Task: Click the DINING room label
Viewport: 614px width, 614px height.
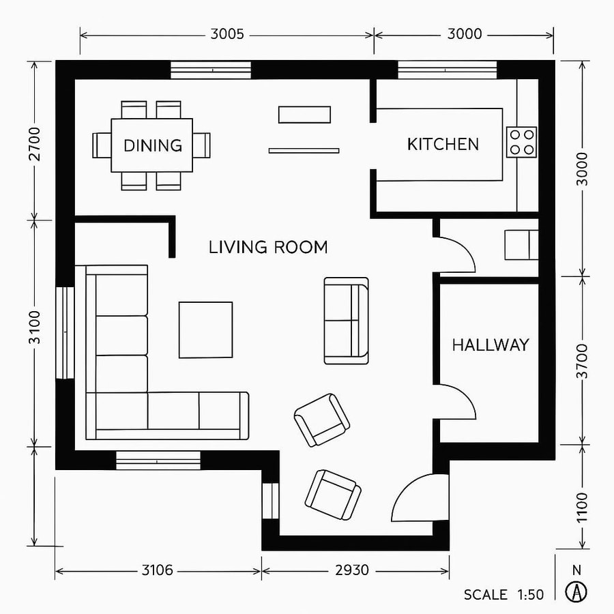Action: (x=153, y=145)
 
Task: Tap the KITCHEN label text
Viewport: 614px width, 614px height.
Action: (x=443, y=145)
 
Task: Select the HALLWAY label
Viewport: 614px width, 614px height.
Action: (x=490, y=345)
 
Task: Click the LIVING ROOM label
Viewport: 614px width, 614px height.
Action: (x=267, y=248)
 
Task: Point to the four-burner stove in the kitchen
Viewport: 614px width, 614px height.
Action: (x=521, y=142)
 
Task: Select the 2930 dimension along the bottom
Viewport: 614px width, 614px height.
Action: (x=352, y=570)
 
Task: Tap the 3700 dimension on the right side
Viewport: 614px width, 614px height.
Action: (x=582, y=361)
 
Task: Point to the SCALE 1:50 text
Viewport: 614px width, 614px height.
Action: (x=503, y=595)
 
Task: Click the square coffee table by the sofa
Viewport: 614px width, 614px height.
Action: (x=205, y=330)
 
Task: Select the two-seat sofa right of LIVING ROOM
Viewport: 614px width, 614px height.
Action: (x=346, y=320)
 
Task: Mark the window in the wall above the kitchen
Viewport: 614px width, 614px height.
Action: (x=447, y=70)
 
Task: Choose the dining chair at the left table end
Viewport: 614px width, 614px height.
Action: (x=102, y=145)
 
